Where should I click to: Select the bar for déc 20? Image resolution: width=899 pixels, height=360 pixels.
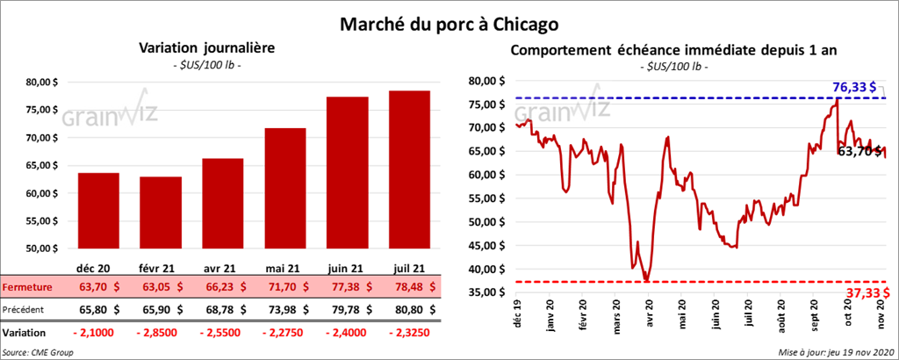coord(97,211)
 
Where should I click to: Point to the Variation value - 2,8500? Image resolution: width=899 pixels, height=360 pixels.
coord(161,333)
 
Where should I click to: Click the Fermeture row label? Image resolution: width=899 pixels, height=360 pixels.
coord(27,286)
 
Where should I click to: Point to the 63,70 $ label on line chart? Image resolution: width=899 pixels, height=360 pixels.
coord(859,151)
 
